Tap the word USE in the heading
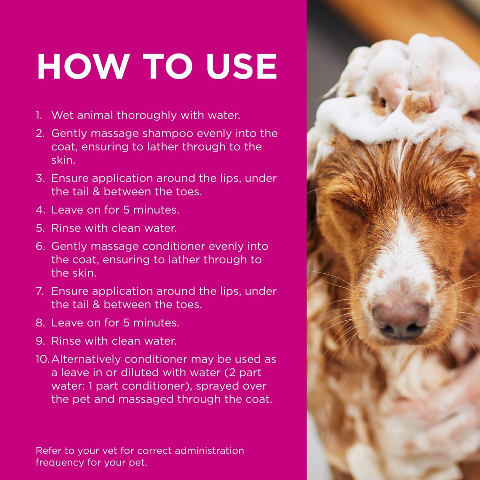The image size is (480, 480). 241,66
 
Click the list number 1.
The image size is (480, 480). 39,115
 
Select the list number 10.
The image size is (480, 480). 42,359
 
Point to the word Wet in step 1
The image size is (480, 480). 61,115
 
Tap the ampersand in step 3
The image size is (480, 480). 96,192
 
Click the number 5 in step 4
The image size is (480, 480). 126,210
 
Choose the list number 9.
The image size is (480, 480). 40,341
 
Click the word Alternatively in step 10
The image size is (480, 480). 86,359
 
